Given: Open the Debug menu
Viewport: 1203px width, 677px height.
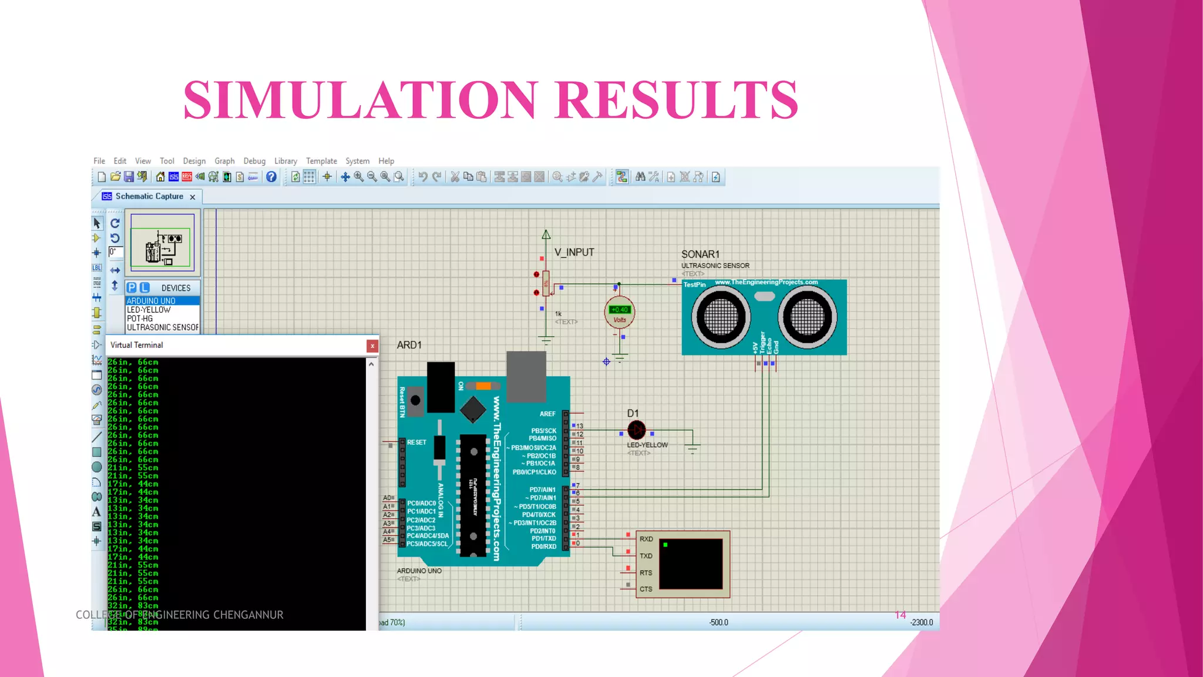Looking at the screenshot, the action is (x=254, y=161).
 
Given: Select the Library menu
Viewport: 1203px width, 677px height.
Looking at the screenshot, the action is (x=285, y=161).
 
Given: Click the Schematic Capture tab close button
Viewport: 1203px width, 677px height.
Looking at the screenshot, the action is (x=193, y=197).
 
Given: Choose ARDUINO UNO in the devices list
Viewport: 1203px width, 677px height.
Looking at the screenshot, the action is (x=151, y=301).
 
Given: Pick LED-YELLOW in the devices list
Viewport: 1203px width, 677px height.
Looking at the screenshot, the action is (x=149, y=310).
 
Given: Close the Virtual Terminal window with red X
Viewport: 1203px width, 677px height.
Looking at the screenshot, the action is (x=372, y=346).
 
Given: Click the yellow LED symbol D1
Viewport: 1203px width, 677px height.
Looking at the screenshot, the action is (x=636, y=430).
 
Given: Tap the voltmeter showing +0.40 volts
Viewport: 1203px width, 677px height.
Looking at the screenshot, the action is (x=620, y=313).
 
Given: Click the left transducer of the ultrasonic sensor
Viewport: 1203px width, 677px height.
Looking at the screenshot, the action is (x=721, y=317).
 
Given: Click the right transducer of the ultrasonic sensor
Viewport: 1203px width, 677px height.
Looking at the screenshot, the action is (x=807, y=317).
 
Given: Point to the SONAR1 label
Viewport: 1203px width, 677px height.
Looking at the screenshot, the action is (x=700, y=254).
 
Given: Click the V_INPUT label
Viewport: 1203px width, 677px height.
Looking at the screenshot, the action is (x=574, y=253).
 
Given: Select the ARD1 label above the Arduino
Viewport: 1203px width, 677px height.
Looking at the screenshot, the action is (x=409, y=345).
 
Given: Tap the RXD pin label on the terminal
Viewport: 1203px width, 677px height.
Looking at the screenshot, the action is (x=646, y=539).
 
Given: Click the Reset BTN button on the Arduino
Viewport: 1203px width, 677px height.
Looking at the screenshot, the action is (x=415, y=401).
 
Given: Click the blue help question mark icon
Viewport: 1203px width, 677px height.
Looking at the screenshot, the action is (x=271, y=177).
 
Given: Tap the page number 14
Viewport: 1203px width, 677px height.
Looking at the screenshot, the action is (x=900, y=615).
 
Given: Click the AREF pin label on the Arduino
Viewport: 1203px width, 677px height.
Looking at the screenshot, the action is (x=547, y=414).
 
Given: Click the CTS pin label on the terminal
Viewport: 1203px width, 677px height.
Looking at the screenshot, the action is (x=646, y=589).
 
